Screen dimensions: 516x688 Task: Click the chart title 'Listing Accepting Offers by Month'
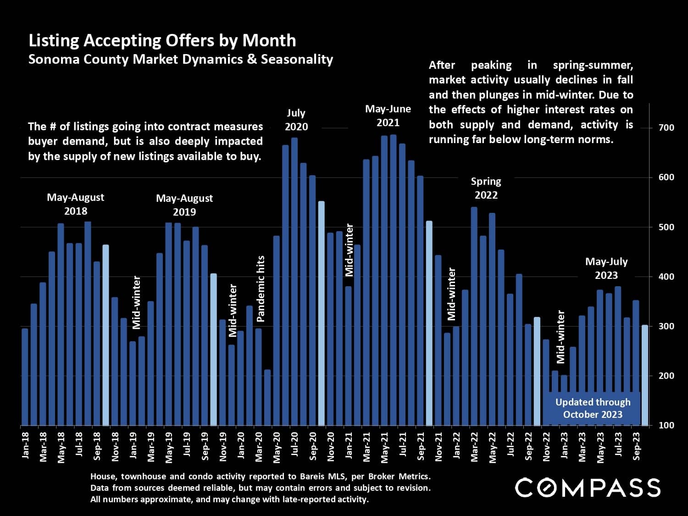162,41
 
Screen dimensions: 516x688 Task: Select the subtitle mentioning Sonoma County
180,60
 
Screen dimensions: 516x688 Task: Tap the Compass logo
588,488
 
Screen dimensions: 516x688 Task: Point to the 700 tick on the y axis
666,128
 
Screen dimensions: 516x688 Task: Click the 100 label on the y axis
666,425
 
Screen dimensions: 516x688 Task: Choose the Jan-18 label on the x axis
25,445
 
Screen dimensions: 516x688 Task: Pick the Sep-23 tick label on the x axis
636,445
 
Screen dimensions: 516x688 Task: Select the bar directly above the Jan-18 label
25,377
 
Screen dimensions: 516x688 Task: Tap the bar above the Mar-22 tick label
474,316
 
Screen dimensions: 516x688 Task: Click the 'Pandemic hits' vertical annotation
261,289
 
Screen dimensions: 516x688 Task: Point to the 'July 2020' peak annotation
296,120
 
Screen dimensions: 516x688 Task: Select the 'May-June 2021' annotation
388,116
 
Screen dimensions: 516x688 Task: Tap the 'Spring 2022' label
486,188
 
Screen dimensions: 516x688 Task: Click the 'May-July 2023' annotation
606,268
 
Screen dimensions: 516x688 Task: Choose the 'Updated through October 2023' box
593,408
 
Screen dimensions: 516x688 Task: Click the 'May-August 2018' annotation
76,204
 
